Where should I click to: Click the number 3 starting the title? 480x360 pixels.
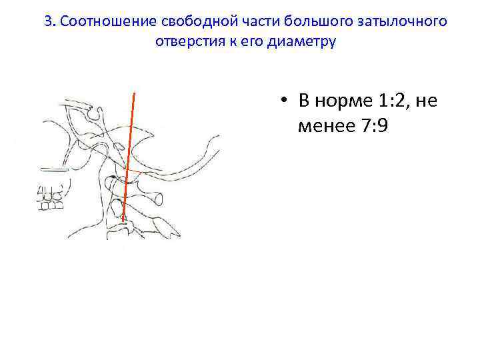pos(48,21)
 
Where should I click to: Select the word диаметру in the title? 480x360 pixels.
pos(304,41)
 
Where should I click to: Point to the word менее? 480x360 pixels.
pos(329,126)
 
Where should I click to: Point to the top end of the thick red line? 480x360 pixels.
pos(135,92)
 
